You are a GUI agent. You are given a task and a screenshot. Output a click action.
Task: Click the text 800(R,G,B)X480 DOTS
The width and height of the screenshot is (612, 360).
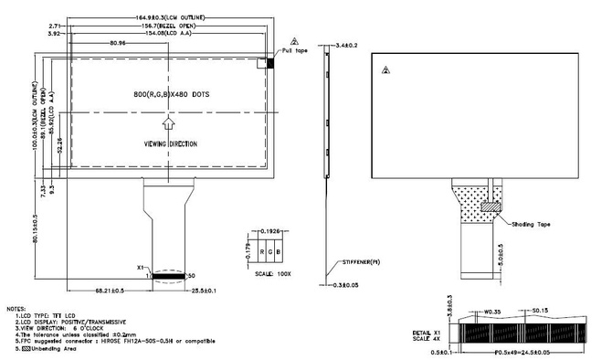(169, 94)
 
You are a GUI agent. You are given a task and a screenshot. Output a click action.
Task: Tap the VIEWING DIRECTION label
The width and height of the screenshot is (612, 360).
(170, 144)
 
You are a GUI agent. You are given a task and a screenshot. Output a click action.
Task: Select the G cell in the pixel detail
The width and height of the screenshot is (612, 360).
(271, 249)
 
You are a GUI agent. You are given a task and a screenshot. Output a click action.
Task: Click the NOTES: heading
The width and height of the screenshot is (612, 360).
(16, 310)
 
